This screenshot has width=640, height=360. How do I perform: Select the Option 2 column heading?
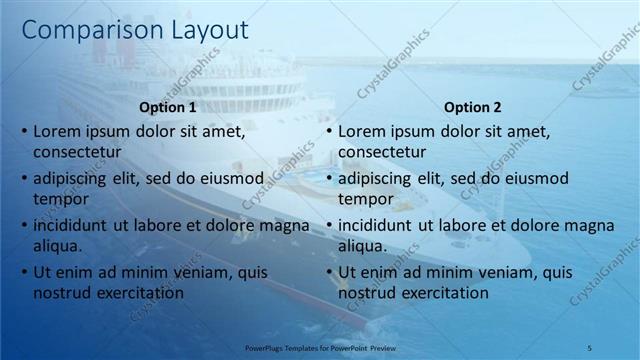[x=472, y=107]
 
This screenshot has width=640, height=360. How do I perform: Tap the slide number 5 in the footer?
[x=590, y=346]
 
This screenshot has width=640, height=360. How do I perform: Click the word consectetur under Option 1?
[x=77, y=152]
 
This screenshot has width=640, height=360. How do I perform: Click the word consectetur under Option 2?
[x=382, y=152]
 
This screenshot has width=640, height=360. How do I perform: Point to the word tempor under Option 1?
[x=59, y=199]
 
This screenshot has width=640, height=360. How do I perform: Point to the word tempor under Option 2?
[x=365, y=199]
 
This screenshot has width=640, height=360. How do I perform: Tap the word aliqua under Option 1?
[x=57, y=246]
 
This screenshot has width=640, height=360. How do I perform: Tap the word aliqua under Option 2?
[x=362, y=246]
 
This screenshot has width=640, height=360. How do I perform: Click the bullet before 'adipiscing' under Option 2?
[x=329, y=179]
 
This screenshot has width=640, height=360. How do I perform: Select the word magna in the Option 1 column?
[x=285, y=225]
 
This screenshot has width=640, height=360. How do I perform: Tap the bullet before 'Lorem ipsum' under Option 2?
[x=329, y=131]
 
